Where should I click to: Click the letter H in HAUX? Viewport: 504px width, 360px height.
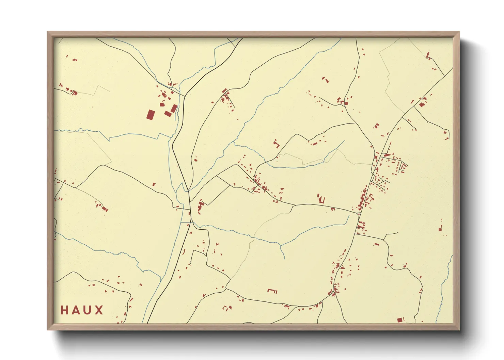[x=64, y=310]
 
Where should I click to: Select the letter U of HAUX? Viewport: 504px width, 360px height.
[x=88, y=310]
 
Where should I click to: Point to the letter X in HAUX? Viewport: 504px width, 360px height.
[x=99, y=310]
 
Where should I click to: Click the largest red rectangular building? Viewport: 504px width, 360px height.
[x=150, y=114]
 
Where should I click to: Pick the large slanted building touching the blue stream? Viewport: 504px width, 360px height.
[x=174, y=109]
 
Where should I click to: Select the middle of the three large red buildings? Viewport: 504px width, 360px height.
[x=168, y=113]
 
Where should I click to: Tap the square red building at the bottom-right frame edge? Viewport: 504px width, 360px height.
[x=400, y=320]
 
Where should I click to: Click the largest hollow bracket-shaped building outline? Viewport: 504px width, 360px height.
[x=272, y=291]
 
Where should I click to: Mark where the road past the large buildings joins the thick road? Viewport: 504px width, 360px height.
[x=185, y=96]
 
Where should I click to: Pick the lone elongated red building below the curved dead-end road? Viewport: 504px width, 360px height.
[x=376, y=244]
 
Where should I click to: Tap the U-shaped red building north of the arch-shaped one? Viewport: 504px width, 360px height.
[x=320, y=199]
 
